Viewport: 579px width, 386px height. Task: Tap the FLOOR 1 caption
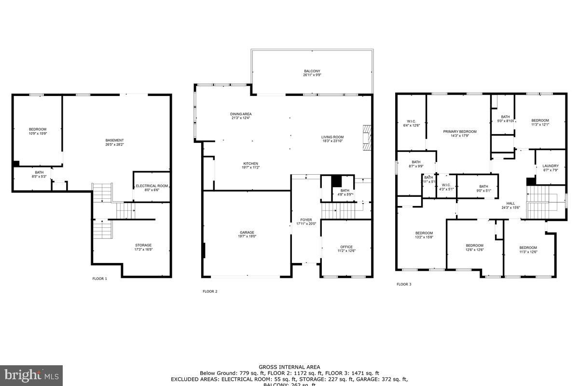point(99,278)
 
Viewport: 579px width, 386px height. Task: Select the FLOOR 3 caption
point(404,284)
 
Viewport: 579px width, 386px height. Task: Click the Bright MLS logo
point(31,375)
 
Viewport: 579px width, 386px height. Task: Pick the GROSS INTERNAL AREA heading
point(289,367)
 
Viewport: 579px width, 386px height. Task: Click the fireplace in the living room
point(367,138)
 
